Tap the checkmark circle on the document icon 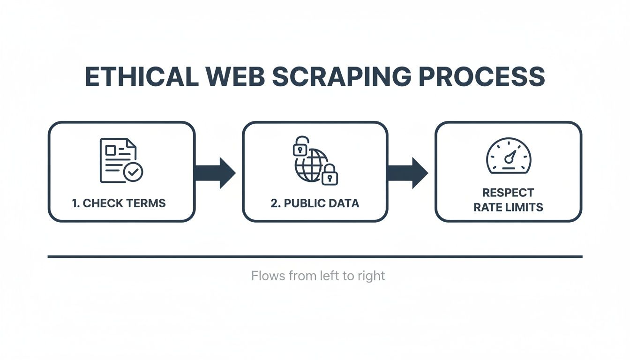pos(134,172)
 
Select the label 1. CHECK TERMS pos(119,203)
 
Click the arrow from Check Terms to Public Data pos(215,172)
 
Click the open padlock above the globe pos(300,147)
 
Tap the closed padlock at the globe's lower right pos(330,175)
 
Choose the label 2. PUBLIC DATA pos(315,203)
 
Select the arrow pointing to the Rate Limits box pos(408,172)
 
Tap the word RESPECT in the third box pos(508,193)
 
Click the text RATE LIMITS pos(508,207)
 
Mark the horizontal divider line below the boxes pos(315,256)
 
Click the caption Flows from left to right pos(318,276)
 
